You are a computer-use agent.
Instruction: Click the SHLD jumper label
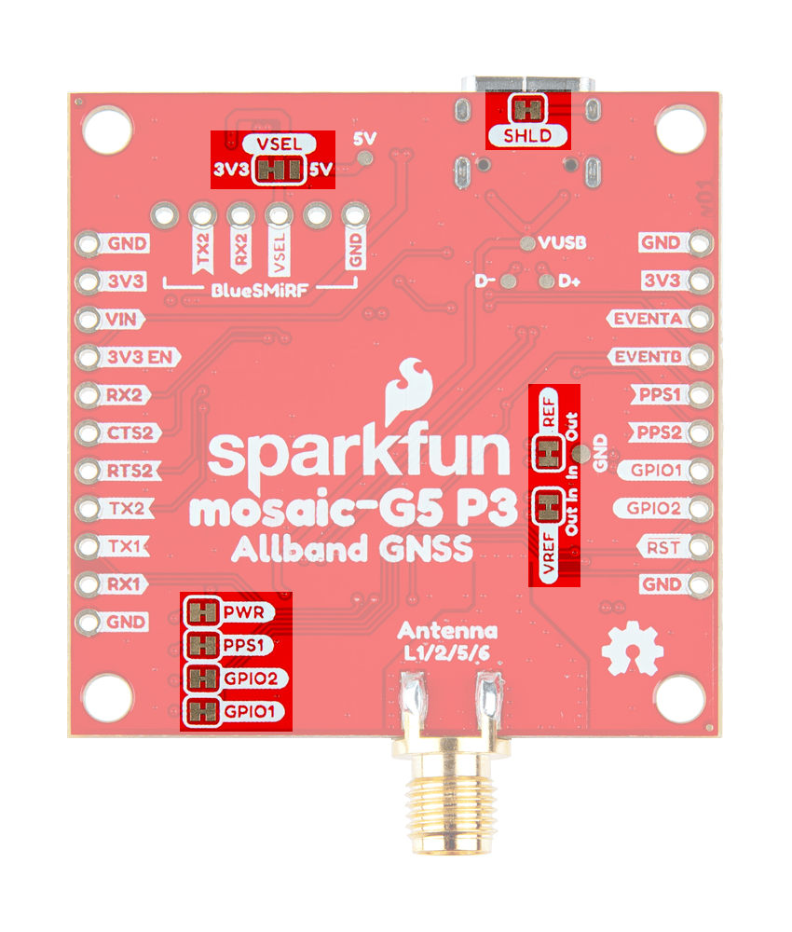(529, 137)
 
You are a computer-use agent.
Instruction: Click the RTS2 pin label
(129, 471)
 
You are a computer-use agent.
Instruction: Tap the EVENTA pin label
(647, 319)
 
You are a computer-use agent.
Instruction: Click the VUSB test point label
(561, 243)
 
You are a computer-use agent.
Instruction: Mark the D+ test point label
(570, 281)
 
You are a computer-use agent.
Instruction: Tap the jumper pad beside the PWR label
(200, 613)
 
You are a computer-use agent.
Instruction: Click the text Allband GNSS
(350, 550)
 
